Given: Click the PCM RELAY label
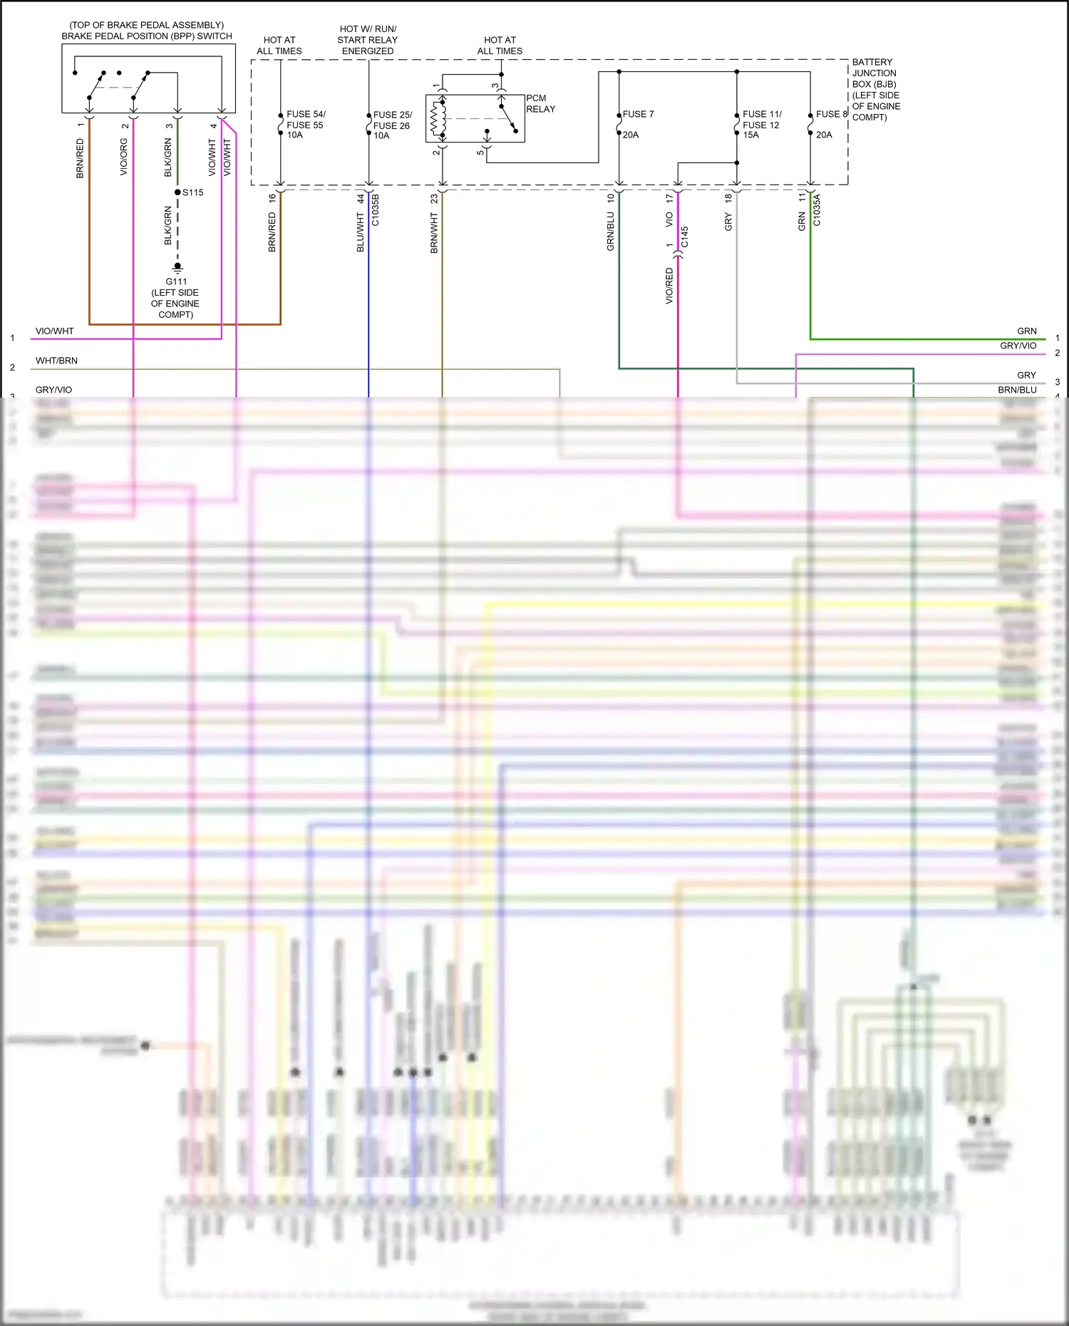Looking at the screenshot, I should (540, 103).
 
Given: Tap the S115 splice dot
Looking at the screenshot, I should (177, 192).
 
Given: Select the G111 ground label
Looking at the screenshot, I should (176, 281).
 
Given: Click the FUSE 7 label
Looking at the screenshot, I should (638, 114).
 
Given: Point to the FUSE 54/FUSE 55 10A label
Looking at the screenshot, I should (306, 124).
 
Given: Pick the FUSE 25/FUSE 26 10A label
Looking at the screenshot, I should (392, 125).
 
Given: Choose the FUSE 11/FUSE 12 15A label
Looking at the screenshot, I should (762, 124).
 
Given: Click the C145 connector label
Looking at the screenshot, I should (685, 237).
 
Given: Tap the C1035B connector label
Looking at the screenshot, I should (376, 210).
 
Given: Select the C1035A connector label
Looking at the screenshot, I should (817, 210).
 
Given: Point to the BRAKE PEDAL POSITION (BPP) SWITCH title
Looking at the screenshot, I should (147, 36).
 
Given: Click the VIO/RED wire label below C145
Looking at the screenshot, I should (669, 286).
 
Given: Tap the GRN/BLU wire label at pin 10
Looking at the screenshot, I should (611, 232).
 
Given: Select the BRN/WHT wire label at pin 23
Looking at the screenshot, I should (434, 233).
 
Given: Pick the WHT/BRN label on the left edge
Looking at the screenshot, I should (57, 361).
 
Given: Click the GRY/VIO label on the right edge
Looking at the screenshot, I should (1018, 346).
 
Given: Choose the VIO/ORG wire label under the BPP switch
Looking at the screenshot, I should (124, 157).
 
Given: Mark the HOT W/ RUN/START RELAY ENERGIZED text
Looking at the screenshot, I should (368, 40).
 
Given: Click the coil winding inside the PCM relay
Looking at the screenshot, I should (438, 118).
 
